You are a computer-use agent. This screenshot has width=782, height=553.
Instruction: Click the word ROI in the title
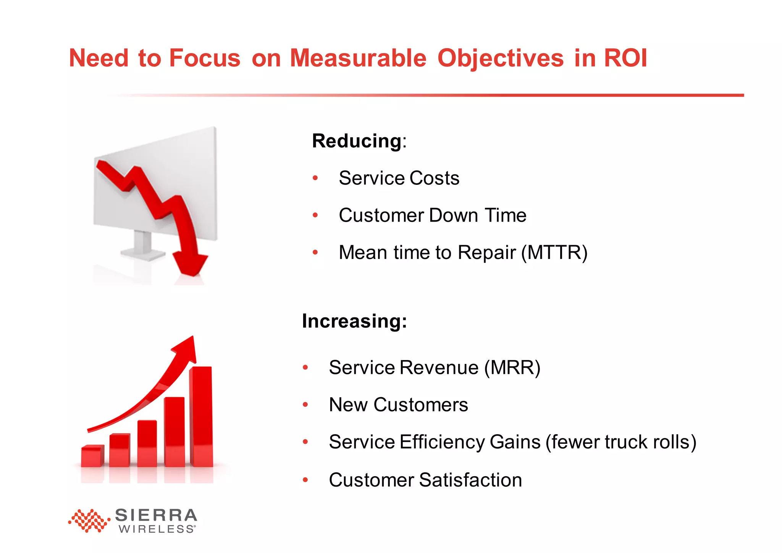[625, 58]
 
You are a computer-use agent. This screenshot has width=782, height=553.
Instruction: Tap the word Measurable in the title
[358, 58]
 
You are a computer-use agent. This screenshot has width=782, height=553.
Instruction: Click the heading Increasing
[354, 321]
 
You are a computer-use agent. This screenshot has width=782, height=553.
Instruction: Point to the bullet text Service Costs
[399, 178]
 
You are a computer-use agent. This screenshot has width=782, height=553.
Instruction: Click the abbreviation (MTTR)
[554, 253]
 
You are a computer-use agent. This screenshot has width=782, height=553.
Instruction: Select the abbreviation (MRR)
[512, 368]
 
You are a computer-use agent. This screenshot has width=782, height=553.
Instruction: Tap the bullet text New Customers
[398, 405]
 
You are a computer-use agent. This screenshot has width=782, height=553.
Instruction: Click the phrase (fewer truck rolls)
[621, 442]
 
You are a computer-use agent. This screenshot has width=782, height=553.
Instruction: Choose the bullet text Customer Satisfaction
[425, 480]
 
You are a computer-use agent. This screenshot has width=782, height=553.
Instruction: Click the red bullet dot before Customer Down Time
[315, 215]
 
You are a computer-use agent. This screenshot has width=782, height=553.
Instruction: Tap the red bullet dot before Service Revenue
[305, 368]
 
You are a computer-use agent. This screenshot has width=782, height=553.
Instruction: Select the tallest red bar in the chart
[201, 416]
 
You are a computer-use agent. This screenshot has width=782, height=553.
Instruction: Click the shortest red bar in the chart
[92, 456]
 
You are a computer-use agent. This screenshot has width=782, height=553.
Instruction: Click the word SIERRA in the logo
[156, 516]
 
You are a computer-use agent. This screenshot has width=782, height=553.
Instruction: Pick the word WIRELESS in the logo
[157, 529]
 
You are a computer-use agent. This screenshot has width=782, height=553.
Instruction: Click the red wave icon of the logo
[89, 521]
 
